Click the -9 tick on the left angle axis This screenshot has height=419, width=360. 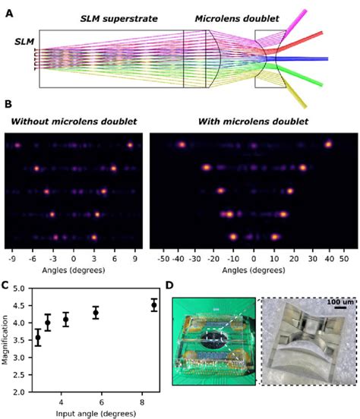tap(11, 258)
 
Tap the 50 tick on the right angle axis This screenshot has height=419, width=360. tap(344, 258)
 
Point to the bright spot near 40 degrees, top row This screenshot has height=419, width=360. tap(329, 143)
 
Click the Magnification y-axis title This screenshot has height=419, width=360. tap(7, 336)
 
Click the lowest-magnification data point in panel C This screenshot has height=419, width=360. tap(38, 338)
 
